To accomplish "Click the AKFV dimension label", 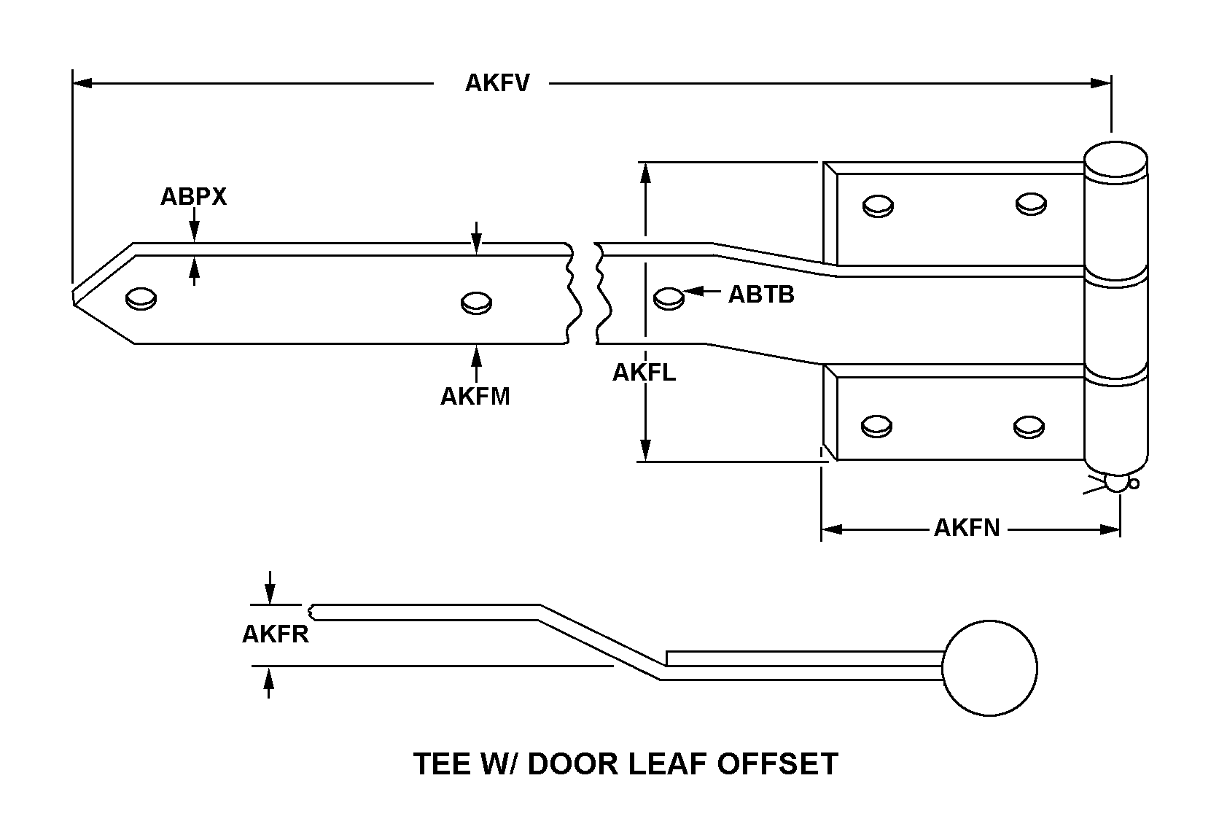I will (497, 83).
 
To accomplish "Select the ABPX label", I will (193, 197).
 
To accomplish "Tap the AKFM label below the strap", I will (475, 397).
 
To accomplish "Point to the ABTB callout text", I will (761, 295).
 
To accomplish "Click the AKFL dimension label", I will (644, 373).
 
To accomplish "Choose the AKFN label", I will (967, 528).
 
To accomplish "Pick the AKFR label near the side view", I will (275, 634).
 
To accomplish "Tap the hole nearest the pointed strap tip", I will (141, 298).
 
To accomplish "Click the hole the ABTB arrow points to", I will (669, 298).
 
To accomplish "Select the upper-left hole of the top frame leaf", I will (878, 206).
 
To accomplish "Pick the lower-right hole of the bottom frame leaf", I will (1029, 427).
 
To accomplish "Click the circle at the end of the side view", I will (989, 668).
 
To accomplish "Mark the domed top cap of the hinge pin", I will (1115, 158).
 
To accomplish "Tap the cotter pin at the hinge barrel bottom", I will (1117, 483).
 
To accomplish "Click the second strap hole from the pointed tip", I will (477, 302).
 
